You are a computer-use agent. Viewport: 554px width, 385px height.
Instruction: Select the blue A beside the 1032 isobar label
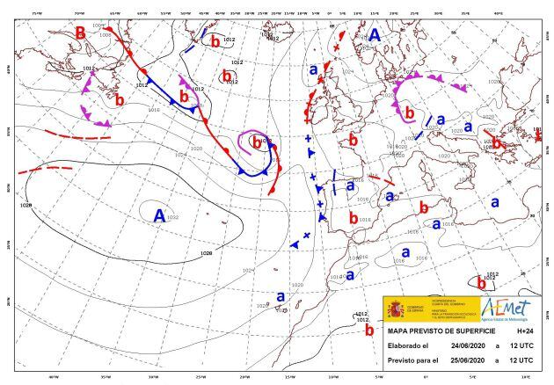pos(158,214)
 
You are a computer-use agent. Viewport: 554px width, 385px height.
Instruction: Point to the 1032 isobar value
pos(172,217)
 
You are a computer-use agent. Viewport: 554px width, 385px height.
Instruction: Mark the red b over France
pos(353,139)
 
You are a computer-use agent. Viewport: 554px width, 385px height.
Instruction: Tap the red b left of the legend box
pos(369,330)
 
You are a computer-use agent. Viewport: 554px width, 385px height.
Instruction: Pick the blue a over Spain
pos(350,185)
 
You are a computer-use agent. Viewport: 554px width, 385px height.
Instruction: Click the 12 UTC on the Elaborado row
pos(524,346)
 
